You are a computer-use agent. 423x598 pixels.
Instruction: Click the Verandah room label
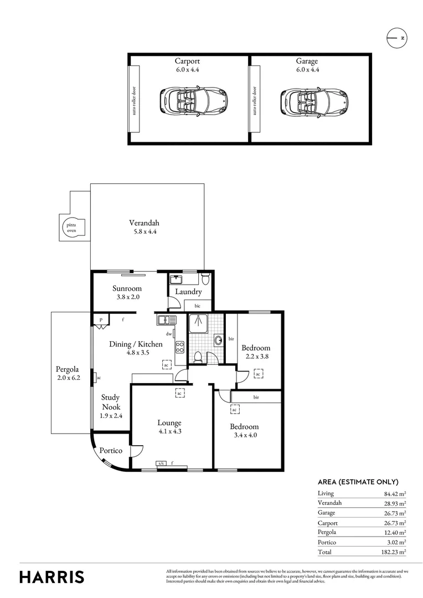click(144, 223)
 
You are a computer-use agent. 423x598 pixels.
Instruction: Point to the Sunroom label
click(127, 288)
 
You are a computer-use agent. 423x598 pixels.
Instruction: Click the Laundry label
click(188, 292)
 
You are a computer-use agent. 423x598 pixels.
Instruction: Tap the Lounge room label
click(169, 423)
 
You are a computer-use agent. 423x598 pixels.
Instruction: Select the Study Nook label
click(110, 402)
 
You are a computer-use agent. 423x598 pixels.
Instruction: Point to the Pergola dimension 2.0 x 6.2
click(68, 378)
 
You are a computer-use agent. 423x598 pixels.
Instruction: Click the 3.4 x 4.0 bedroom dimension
click(245, 435)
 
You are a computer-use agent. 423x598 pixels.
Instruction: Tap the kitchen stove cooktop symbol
click(180, 347)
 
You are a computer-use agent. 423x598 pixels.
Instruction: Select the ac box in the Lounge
click(179, 393)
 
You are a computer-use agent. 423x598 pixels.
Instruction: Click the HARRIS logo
click(52, 577)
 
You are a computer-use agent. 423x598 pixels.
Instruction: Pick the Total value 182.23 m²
click(395, 552)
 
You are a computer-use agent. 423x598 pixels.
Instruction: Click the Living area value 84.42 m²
click(395, 493)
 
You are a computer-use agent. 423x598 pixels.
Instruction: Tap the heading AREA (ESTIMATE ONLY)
click(358, 482)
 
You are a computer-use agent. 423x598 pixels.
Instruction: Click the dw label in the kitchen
click(168, 334)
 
